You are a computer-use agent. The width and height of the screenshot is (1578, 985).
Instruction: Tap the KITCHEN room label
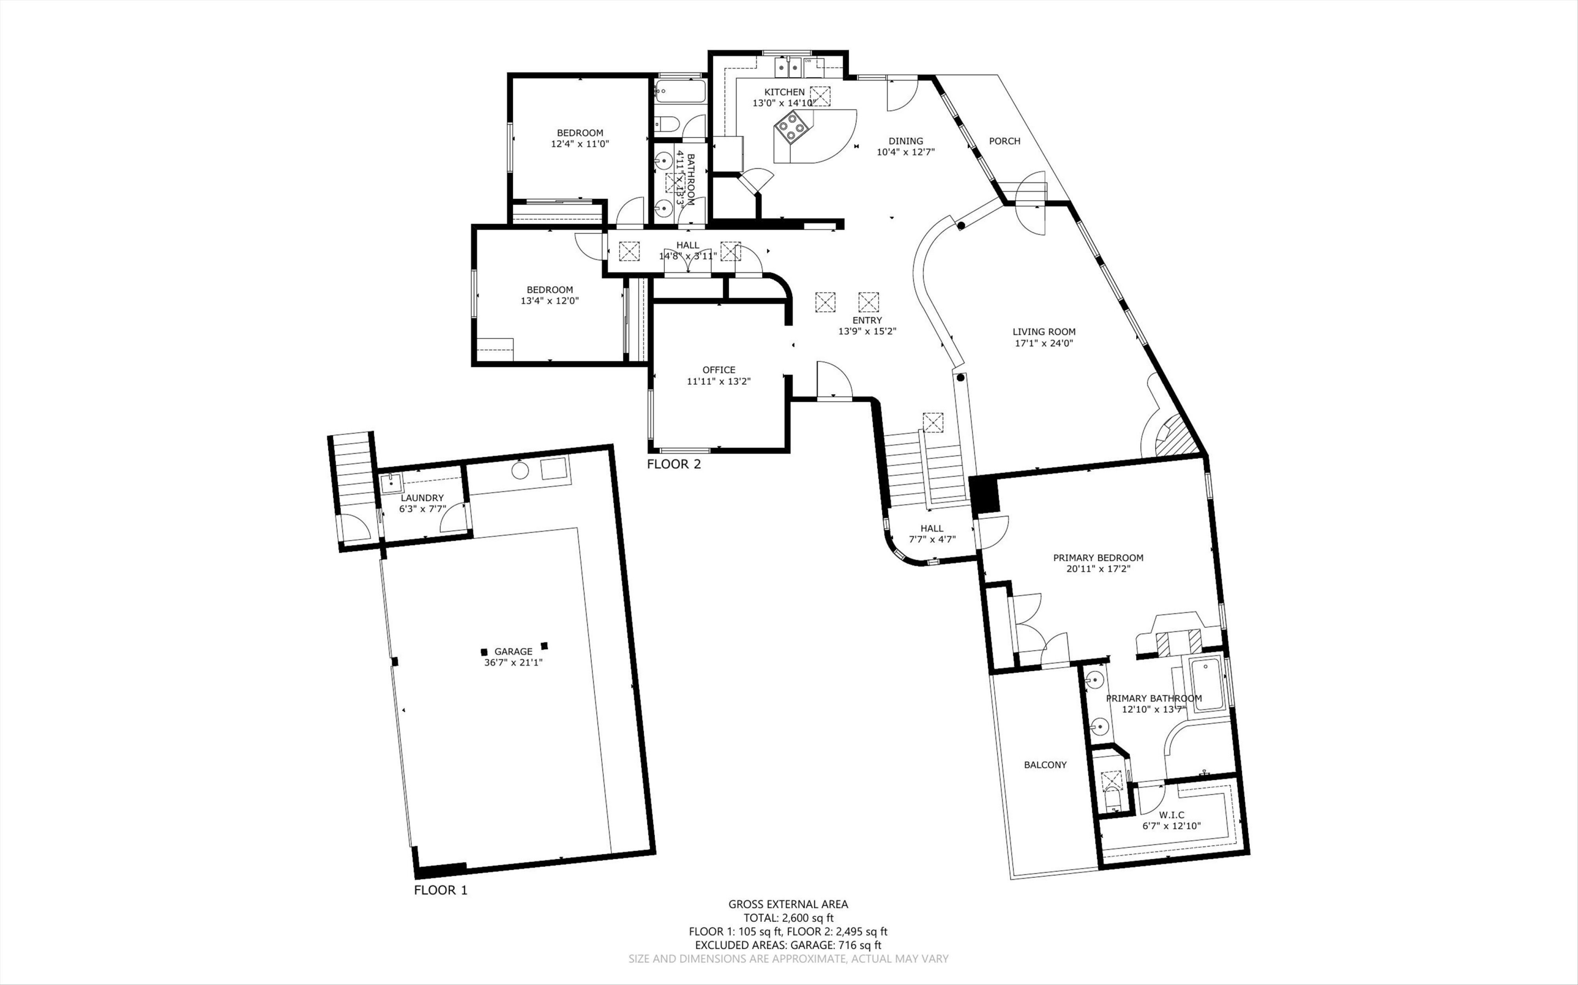pyautogui.click(x=784, y=92)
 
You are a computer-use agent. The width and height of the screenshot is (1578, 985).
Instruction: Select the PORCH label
pyautogui.click(x=1005, y=141)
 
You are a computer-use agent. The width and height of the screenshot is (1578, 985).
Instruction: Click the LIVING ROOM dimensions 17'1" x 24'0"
pyautogui.click(x=1044, y=343)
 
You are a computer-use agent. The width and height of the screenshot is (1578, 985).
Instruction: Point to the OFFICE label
pyautogui.click(x=719, y=370)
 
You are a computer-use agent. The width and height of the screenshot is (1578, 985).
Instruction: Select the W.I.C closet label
pyautogui.click(x=1171, y=814)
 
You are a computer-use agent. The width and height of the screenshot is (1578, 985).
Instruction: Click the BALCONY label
pyautogui.click(x=1045, y=764)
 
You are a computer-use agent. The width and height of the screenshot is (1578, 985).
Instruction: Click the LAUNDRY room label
pyautogui.click(x=422, y=498)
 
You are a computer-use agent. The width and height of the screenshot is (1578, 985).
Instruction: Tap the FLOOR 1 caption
pyautogui.click(x=441, y=890)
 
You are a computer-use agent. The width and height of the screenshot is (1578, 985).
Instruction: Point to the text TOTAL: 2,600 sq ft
pyautogui.click(x=788, y=918)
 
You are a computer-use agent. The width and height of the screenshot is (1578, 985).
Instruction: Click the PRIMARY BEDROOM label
pyautogui.click(x=1098, y=558)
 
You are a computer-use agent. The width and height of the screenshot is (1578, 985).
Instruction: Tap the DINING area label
pyautogui.click(x=905, y=141)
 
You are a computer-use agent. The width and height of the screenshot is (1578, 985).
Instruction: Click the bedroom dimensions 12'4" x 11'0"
pyautogui.click(x=580, y=144)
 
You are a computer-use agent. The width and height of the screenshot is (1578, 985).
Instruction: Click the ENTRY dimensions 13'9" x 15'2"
pyautogui.click(x=867, y=331)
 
